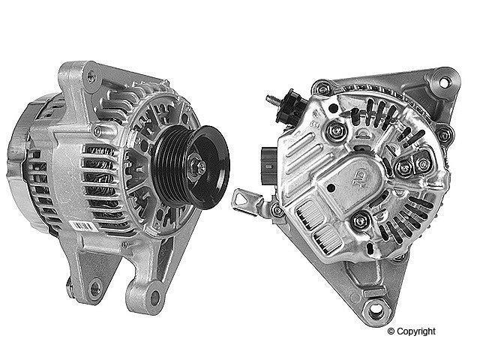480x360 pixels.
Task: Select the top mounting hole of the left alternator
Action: click(x=91, y=74)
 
